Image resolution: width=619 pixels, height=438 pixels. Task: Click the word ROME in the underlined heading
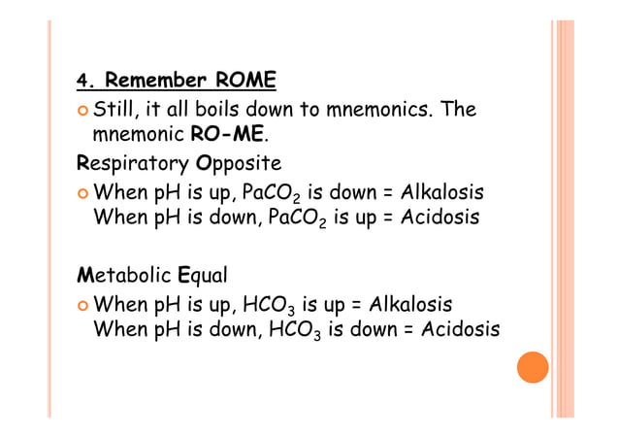[x=245, y=79]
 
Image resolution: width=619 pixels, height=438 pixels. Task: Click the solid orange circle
[x=532, y=366]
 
